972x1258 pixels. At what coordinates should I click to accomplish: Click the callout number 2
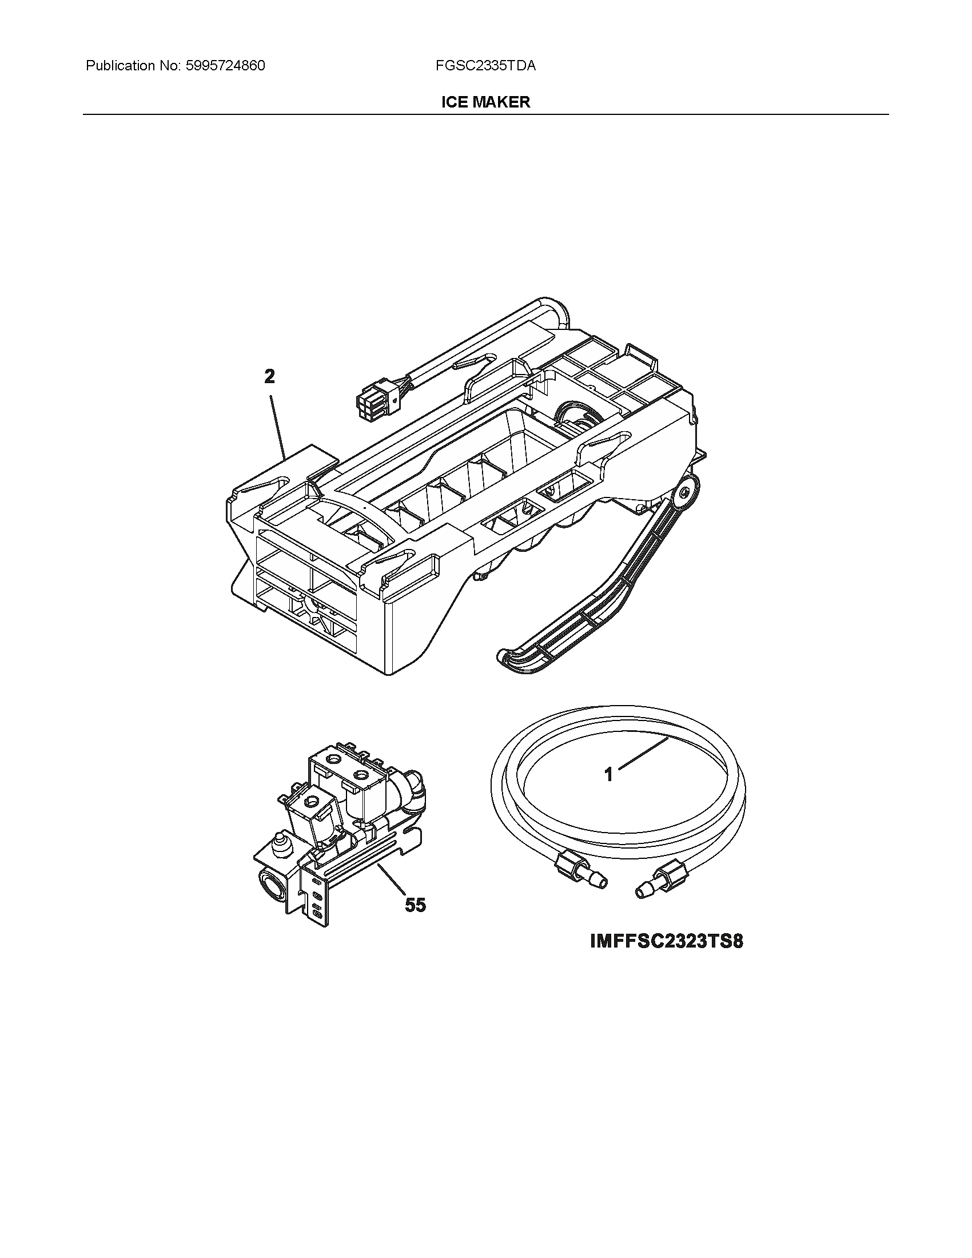[x=269, y=377]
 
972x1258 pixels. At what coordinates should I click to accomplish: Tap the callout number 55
[x=415, y=905]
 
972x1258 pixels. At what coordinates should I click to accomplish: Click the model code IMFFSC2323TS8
[x=667, y=942]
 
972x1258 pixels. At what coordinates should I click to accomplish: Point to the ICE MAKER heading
[x=485, y=102]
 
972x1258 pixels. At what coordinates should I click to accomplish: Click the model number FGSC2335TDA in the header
[x=485, y=66]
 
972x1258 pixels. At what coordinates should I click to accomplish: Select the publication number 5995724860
[x=226, y=66]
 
